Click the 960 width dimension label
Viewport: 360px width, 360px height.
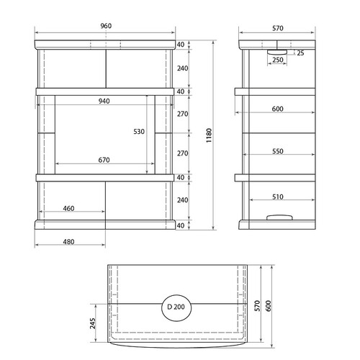(106, 26)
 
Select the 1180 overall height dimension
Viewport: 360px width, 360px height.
(209, 135)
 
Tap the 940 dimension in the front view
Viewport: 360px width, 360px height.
(104, 101)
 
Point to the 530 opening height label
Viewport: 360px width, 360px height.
(139, 131)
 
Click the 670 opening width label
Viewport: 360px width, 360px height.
(104, 160)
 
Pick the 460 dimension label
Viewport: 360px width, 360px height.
(68, 208)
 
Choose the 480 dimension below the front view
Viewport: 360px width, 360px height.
(68, 242)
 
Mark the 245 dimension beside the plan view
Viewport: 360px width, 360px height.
(93, 323)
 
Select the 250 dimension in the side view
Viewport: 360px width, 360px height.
(278, 60)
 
